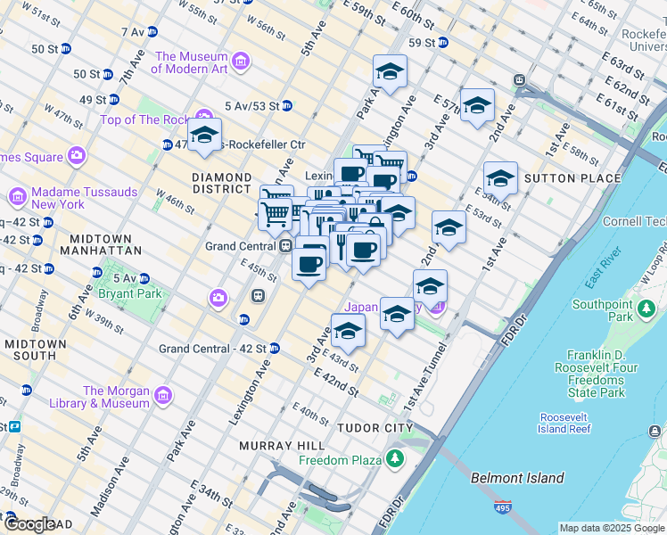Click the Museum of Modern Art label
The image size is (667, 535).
(192, 62)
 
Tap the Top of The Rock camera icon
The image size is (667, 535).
(204, 120)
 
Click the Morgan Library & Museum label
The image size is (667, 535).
(116, 397)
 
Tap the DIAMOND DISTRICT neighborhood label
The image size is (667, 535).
(221, 183)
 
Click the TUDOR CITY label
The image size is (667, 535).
(375, 428)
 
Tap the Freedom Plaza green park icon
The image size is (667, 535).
(394, 460)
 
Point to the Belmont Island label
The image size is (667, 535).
(517, 478)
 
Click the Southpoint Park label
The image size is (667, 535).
(603, 310)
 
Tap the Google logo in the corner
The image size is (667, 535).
(30, 525)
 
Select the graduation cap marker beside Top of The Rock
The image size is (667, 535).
(204, 136)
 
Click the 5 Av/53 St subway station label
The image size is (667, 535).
(253, 105)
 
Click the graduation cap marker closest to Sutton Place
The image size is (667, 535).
(500, 179)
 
